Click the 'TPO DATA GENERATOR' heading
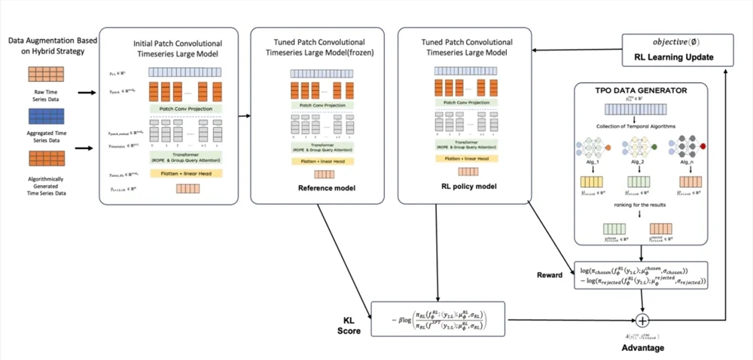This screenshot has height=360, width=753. (x=642, y=90)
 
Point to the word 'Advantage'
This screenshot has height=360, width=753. (x=642, y=349)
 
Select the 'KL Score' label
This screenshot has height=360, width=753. (x=347, y=325)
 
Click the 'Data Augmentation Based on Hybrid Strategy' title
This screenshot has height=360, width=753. (x=47, y=43)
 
